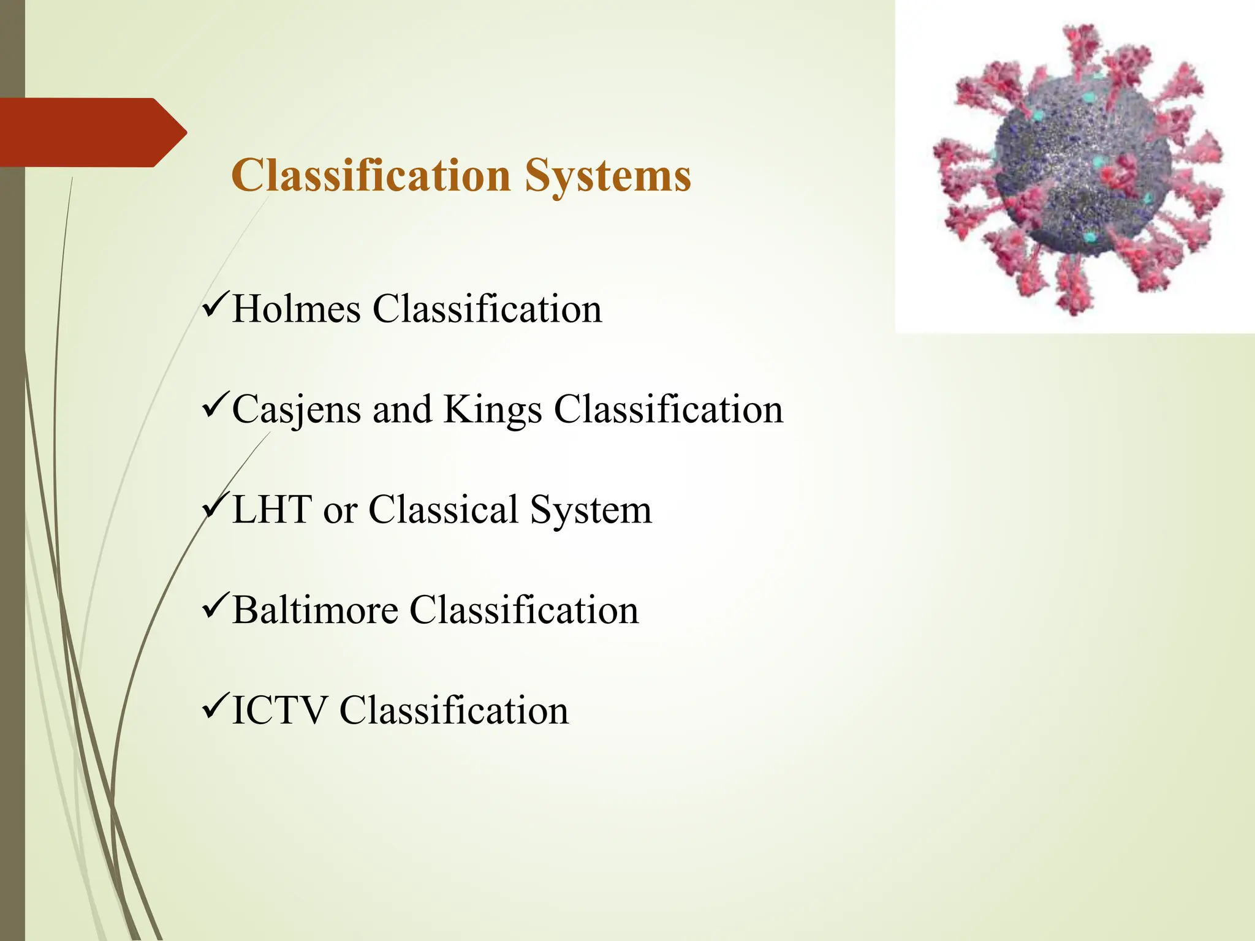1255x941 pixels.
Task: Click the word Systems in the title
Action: coord(608,176)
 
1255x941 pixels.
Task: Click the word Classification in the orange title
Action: coord(371,176)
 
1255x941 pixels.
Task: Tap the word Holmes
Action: coord(297,309)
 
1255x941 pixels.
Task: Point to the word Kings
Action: coord(492,409)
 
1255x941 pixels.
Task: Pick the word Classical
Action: coord(444,510)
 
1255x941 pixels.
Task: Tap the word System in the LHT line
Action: coord(591,510)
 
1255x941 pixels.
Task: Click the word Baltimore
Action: coord(315,610)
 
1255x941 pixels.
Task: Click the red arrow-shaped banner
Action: coord(86,132)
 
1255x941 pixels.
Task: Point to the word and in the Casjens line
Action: coord(402,409)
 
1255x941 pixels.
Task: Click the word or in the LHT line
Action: coord(339,511)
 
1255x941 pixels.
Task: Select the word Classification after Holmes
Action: coord(487,309)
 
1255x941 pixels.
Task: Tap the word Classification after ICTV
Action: coord(454,711)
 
